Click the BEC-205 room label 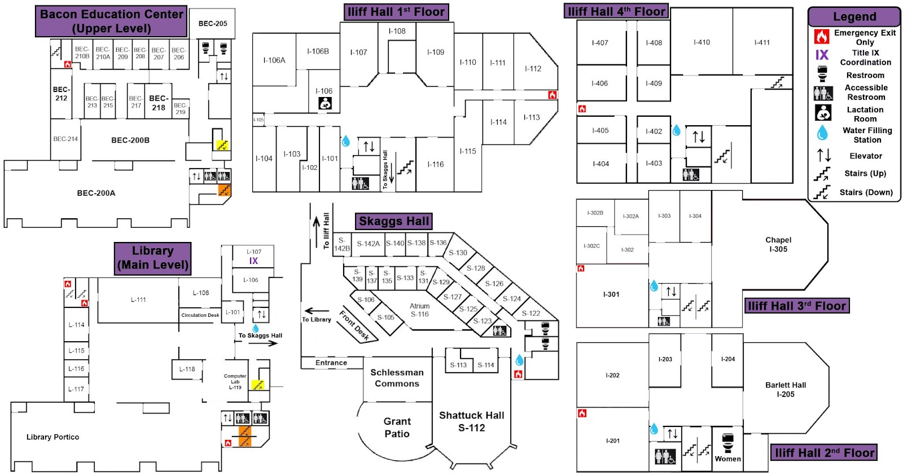pyautogui.click(x=213, y=24)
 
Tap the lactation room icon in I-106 pyautogui.click(x=325, y=103)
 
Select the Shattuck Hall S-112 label pyautogui.click(x=471, y=421)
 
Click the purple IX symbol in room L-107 pyautogui.click(x=253, y=261)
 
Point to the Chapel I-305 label pyautogui.click(x=778, y=244)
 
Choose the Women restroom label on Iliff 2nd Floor pyautogui.click(x=727, y=459)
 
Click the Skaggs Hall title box pyautogui.click(x=394, y=221)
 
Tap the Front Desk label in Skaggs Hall pyautogui.click(x=354, y=325)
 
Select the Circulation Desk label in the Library pyautogui.click(x=200, y=315)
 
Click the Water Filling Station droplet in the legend pyautogui.click(x=822, y=133)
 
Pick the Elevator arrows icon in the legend pyautogui.click(x=823, y=155)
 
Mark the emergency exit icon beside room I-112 pyautogui.click(x=553, y=95)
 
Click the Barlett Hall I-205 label pyautogui.click(x=786, y=390)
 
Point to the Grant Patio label pyautogui.click(x=397, y=427)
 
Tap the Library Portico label pyautogui.click(x=52, y=437)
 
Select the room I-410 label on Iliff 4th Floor pyautogui.click(x=702, y=42)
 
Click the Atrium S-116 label pyautogui.click(x=419, y=310)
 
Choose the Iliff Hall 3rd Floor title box pyautogui.click(x=797, y=306)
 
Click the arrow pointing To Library pyautogui.click(x=317, y=311)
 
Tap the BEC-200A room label pyautogui.click(x=96, y=193)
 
